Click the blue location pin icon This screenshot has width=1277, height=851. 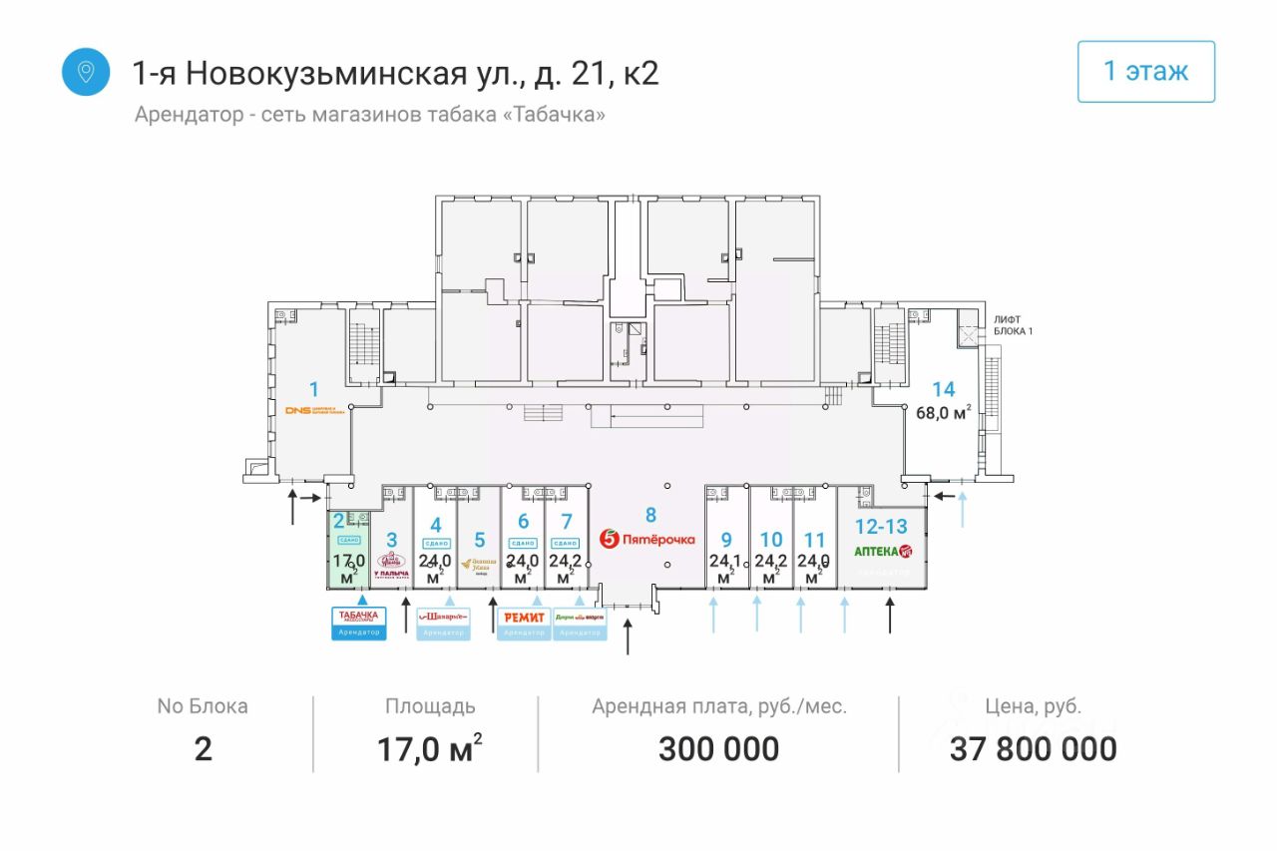[x=86, y=72]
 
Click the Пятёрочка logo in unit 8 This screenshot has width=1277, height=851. [x=646, y=539]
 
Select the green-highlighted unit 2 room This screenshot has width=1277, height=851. [x=349, y=549]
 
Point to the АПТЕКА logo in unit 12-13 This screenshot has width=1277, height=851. [x=882, y=551]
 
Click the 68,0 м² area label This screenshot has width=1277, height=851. [x=943, y=412]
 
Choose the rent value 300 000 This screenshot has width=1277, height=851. [x=718, y=748]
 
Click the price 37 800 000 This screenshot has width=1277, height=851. [x=1033, y=748]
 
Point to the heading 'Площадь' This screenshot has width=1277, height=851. [x=430, y=706]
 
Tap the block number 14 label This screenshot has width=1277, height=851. [x=943, y=389]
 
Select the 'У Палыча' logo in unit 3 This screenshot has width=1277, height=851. [x=391, y=567]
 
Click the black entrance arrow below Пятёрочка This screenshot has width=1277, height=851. [x=628, y=636]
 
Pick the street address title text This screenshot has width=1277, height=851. [x=396, y=73]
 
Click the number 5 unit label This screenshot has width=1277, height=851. [x=479, y=540]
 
